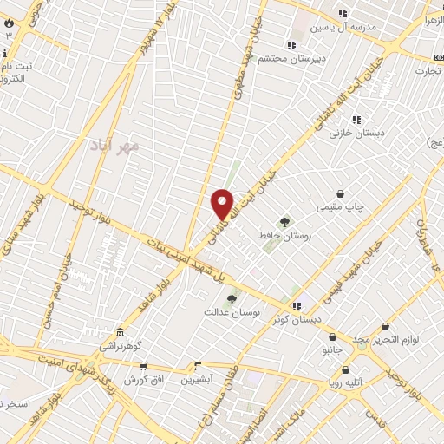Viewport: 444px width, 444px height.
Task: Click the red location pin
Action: [x=223, y=204]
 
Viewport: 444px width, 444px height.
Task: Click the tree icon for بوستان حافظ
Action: [x=284, y=223]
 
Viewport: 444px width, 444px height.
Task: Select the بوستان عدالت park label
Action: [x=232, y=310]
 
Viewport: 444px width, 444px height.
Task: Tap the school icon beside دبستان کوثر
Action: [x=297, y=306]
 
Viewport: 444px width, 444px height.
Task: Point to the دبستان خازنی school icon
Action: [x=356, y=120]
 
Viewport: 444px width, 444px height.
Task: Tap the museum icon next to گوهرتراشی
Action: [x=120, y=332]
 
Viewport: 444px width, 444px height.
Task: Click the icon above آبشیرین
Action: [x=198, y=366]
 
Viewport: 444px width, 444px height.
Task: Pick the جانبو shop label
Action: [x=333, y=350]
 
